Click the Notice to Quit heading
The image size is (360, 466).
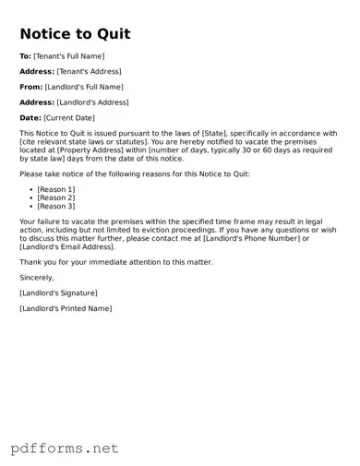pos(75,34)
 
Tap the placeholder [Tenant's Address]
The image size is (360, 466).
pos(89,72)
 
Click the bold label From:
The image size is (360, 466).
pos(30,87)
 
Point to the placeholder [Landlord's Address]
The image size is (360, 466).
pos(92,102)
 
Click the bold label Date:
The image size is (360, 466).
pos(30,118)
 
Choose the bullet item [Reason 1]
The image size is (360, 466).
pos(56,189)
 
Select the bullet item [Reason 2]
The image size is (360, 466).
pos(56,197)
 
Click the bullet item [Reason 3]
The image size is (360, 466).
pos(56,207)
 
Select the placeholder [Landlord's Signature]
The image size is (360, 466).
pos(58,293)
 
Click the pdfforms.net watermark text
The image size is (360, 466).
pos(66,448)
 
